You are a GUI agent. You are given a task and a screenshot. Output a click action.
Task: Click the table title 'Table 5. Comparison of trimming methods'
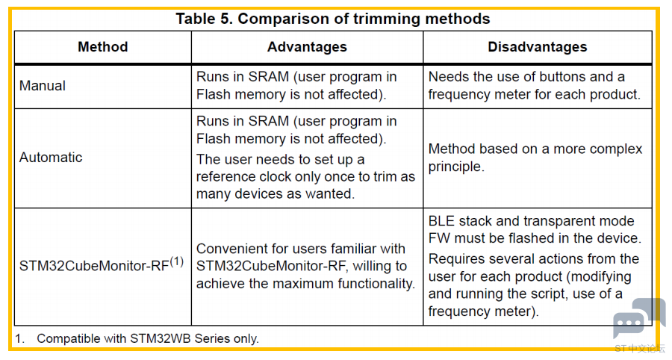point(332,19)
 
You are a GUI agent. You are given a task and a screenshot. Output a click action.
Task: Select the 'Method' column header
point(103,47)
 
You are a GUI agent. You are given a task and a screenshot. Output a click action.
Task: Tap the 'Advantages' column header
point(307,47)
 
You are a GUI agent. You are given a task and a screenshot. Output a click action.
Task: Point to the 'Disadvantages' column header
point(538,47)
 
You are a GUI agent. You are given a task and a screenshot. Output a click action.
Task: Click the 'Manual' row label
point(43,86)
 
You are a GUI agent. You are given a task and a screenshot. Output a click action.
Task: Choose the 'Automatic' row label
point(51,158)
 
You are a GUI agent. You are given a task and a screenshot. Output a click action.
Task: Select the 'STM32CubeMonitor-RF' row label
point(94,266)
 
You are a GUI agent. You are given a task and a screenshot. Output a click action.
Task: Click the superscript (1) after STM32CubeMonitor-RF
point(176,261)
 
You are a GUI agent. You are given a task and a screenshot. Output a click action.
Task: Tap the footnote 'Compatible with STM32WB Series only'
point(148,338)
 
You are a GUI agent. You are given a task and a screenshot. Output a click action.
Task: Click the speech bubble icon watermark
point(638,318)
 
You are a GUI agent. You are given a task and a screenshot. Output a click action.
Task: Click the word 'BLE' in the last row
point(441,221)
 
